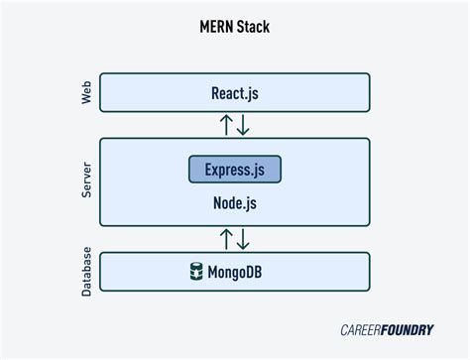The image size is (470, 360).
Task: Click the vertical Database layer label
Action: click(x=85, y=271)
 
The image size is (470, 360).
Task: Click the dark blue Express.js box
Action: click(x=235, y=170)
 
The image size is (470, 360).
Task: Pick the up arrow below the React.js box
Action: click(x=226, y=125)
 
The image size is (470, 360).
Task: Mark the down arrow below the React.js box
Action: click(x=244, y=125)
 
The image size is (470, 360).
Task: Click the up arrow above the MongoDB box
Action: click(x=226, y=239)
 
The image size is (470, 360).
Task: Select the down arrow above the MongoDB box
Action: click(x=244, y=239)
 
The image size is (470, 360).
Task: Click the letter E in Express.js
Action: click(x=209, y=170)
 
